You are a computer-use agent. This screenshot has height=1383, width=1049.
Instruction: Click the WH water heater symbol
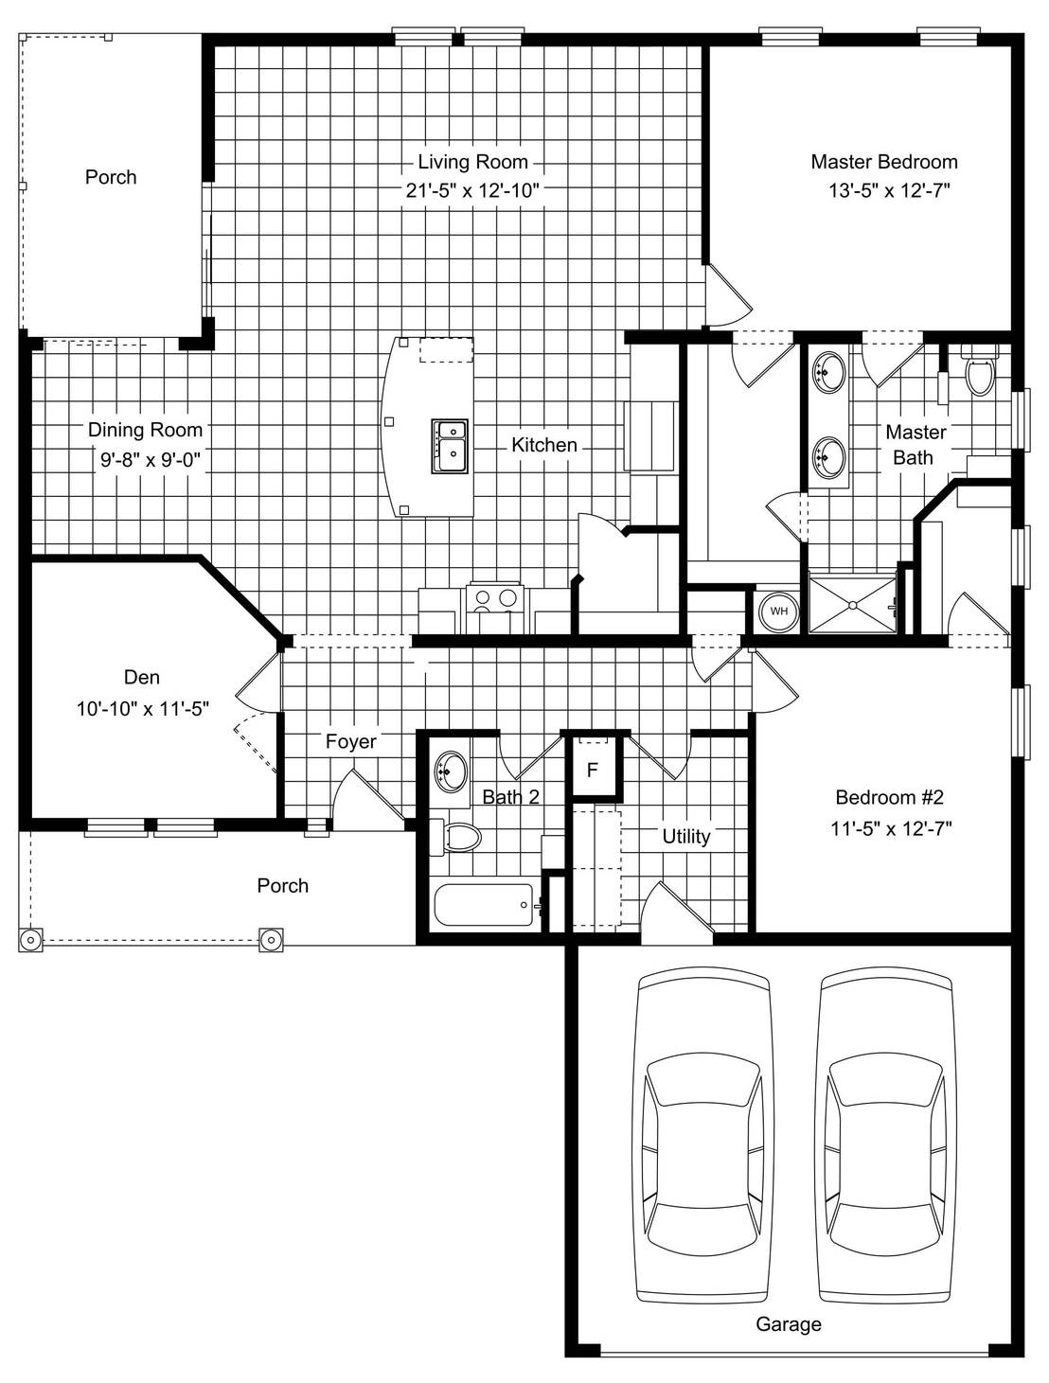tap(779, 611)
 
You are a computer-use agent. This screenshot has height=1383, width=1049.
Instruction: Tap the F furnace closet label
tap(592, 770)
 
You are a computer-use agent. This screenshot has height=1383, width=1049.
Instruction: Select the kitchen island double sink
tap(450, 446)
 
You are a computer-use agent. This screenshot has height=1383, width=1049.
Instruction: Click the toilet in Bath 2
tap(454, 838)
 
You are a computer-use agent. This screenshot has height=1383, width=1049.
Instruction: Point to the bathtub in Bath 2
tap(484, 905)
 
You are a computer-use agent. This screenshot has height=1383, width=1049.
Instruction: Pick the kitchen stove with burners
tap(494, 608)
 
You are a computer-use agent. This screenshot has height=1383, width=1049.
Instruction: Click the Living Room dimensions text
tap(472, 190)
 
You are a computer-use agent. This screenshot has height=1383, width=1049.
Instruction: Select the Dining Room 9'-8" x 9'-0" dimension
tap(151, 460)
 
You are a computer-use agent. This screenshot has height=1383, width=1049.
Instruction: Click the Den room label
tap(142, 678)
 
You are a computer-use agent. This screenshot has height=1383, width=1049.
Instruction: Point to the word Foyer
tap(351, 741)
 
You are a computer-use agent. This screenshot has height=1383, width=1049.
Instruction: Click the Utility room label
tap(686, 837)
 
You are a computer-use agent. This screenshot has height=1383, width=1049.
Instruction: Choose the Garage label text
tap(788, 1323)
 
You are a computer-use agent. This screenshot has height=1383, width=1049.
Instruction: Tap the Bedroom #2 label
tap(890, 797)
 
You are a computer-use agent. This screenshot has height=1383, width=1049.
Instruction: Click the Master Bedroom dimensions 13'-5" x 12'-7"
tap(889, 190)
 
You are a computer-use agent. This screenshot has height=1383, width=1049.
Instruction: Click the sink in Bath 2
tap(452, 770)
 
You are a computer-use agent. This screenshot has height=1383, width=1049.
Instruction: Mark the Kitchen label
tap(544, 445)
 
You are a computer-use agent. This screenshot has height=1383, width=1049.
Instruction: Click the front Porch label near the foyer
tap(283, 886)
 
